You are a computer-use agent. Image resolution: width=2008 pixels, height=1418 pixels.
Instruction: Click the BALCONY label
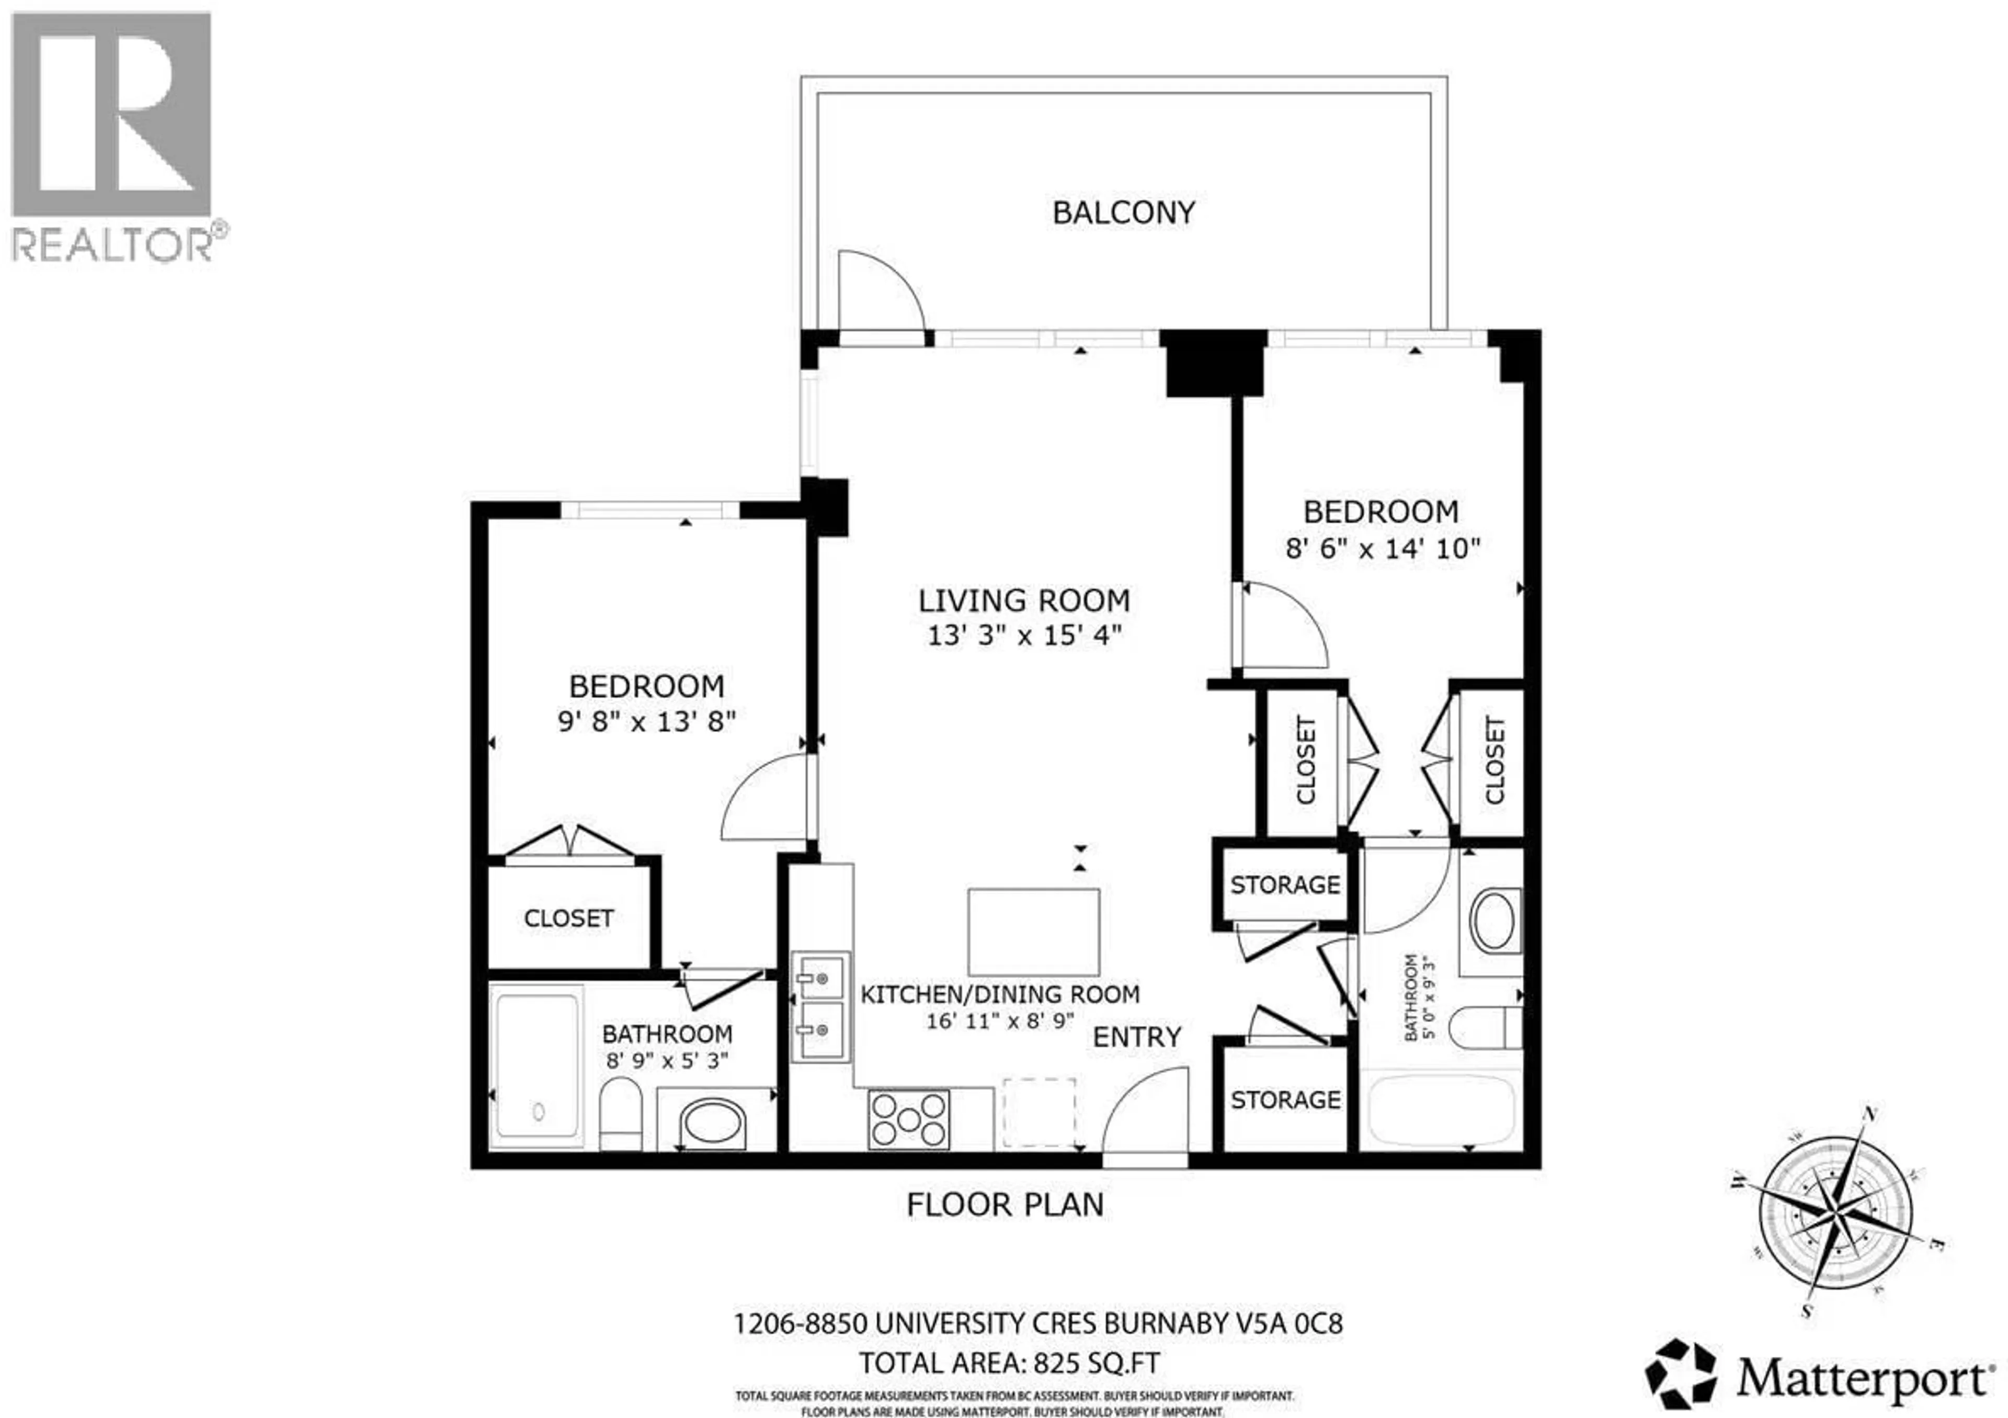pyautogui.click(x=1123, y=212)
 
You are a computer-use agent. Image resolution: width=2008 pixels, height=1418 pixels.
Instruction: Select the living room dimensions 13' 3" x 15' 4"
pyautogui.click(x=1024, y=635)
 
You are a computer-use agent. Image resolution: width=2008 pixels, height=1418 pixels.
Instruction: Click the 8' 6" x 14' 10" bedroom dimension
pyautogui.click(x=1382, y=549)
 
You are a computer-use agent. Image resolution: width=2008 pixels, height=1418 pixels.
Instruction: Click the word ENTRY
pyautogui.click(x=1136, y=1037)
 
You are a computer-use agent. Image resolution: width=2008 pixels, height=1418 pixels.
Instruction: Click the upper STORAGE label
pyautogui.click(x=1285, y=885)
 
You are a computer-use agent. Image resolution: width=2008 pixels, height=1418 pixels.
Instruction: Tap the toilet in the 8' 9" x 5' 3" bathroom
pyautogui.click(x=621, y=1114)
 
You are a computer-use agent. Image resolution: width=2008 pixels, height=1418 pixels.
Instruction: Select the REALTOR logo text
pyautogui.click(x=112, y=244)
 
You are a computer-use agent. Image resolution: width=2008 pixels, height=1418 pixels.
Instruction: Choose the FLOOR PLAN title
pyautogui.click(x=1005, y=1206)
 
